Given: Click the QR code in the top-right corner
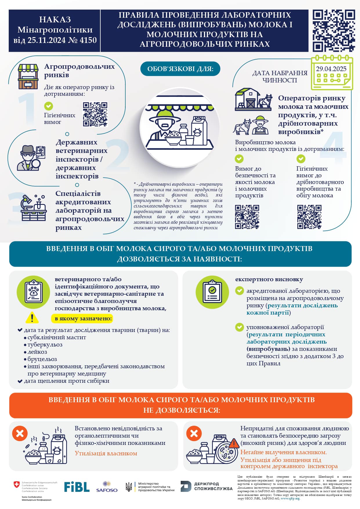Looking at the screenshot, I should coord(334,31).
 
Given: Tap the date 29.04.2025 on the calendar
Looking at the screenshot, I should coord(331,69).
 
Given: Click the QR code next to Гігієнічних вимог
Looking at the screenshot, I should coord(95,114).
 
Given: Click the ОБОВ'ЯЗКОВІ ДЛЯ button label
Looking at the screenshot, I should coord(180,69).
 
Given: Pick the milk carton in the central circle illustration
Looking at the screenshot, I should coord(199,130).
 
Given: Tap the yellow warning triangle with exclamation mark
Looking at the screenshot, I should coord(32,318).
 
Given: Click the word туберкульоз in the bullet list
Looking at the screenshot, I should coord(45,344).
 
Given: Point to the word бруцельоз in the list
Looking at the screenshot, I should coord(42,359).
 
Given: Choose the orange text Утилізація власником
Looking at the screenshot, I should coord(106,453).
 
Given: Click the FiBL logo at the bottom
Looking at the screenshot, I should coord(77,487).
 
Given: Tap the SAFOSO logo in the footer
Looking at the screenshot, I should coord(107,487).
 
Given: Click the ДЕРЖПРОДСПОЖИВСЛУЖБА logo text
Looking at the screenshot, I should coord(213,486).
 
